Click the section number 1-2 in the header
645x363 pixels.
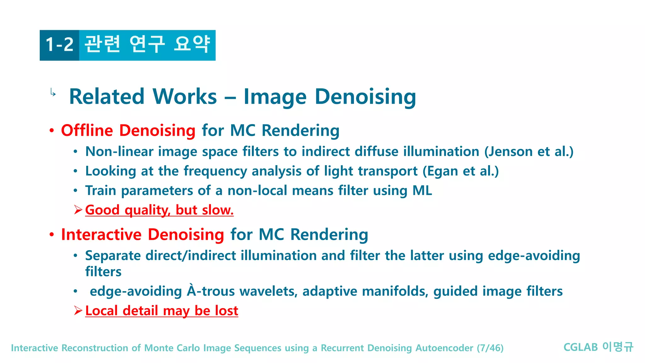[60, 44]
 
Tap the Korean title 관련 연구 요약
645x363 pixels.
[147, 44]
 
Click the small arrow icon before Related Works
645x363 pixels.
[53, 93]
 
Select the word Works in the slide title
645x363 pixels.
[185, 97]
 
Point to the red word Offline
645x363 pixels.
[87, 130]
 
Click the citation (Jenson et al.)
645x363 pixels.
[528, 152]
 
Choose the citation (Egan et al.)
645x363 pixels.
[460, 171]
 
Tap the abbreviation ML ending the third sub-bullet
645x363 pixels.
[422, 191]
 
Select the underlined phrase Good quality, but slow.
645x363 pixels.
[159, 210]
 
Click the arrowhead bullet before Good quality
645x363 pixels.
[78, 210]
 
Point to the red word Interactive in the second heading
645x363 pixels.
[101, 235]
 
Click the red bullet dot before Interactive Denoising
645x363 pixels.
[52, 235]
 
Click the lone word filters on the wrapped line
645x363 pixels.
[103, 272]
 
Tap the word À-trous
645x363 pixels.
[211, 291]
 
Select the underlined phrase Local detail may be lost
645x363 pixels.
[162, 311]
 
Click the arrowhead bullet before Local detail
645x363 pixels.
[78, 311]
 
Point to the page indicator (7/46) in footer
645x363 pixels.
[490, 348]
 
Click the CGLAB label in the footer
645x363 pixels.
[580, 347]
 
